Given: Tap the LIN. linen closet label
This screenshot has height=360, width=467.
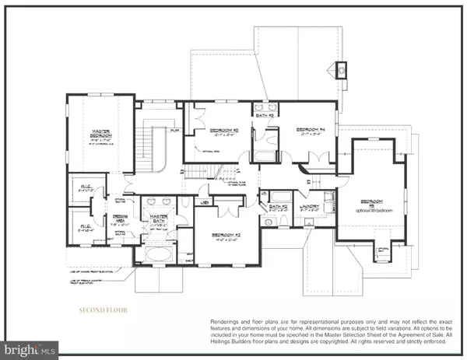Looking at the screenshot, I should pyautogui.click(x=205, y=204).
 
